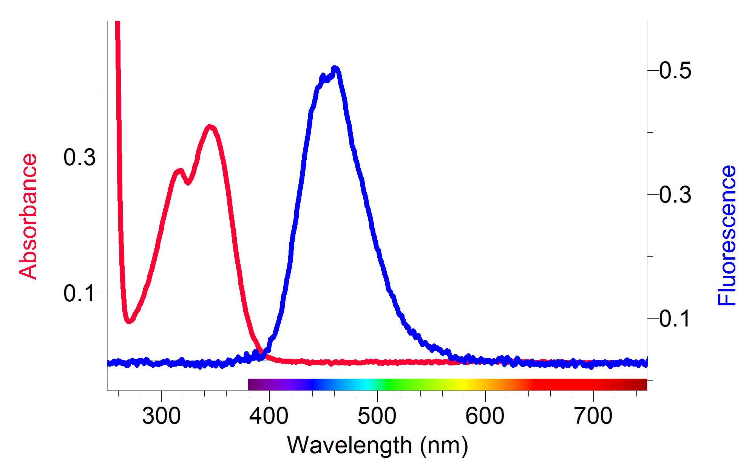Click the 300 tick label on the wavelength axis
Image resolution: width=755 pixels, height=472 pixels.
point(161,416)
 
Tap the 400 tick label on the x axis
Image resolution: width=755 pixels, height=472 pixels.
point(269,416)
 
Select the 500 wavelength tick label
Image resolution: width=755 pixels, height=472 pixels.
point(377,416)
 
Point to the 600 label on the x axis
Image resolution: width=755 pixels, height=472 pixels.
point(485,416)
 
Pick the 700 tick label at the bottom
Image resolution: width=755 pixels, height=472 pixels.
point(593,416)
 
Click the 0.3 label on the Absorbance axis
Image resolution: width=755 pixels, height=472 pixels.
point(79,157)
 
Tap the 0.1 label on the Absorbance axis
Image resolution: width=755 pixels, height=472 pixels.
point(79,293)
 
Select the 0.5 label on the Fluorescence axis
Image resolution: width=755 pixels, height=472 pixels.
point(675,70)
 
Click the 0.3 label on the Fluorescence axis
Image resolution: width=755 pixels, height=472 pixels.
point(675,195)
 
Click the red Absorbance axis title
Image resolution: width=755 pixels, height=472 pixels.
point(28,217)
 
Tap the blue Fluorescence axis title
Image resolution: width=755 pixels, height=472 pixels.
point(727,235)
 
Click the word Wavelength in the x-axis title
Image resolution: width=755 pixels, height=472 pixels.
point(349,445)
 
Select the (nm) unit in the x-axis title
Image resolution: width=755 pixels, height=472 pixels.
point(444,445)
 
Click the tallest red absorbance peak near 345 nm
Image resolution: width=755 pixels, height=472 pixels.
point(210,127)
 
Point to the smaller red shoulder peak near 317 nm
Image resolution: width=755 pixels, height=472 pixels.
point(179,172)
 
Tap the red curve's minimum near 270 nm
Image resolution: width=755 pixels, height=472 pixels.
point(129,321)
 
